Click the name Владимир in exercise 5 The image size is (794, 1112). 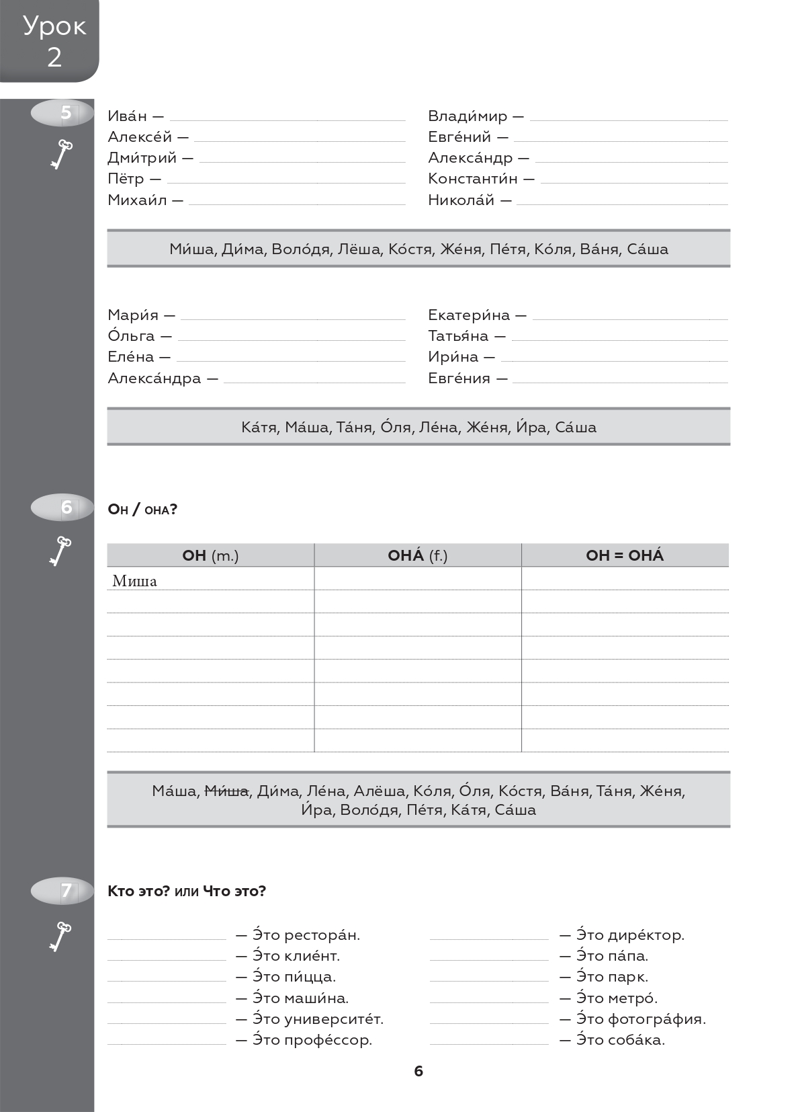pos(468,116)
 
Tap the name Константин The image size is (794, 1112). pos(473,179)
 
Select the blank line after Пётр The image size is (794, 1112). pos(285,182)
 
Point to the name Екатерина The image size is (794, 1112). pos(469,315)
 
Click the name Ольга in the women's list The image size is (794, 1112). pos(131,335)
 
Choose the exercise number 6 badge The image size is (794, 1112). pos(65,507)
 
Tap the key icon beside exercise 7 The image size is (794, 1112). pos(61,936)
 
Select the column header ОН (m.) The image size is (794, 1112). pos(210,555)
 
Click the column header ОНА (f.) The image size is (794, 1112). pos(417,555)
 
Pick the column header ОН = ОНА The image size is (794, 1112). pos(624,555)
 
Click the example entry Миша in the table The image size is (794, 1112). pos(134,581)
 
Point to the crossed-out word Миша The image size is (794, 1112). pos(226,791)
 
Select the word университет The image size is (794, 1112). pos(334,1019)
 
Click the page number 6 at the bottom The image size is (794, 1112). pos(418,1071)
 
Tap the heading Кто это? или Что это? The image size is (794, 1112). pos(187,891)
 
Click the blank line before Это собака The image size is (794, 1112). pos(489,1043)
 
